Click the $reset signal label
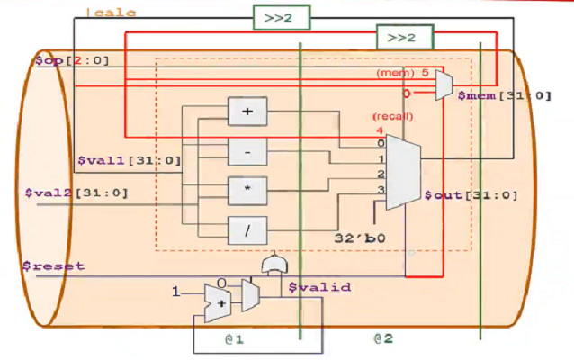pyautogui.click(x=55, y=265)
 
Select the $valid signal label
pyautogui.click(x=319, y=287)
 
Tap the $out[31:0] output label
pyautogui.click(x=458, y=194)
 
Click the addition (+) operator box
pyautogui.click(x=247, y=112)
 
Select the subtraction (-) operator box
pyautogui.click(x=247, y=152)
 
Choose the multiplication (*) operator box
pyautogui.click(x=247, y=191)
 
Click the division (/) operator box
pyautogui.click(x=247, y=231)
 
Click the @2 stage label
pyautogui.click(x=386, y=338)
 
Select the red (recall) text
pyautogui.click(x=391, y=117)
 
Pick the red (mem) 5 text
pyautogui.click(x=402, y=72)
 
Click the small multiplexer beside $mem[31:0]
pyautogui.click(x=442, y=84)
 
